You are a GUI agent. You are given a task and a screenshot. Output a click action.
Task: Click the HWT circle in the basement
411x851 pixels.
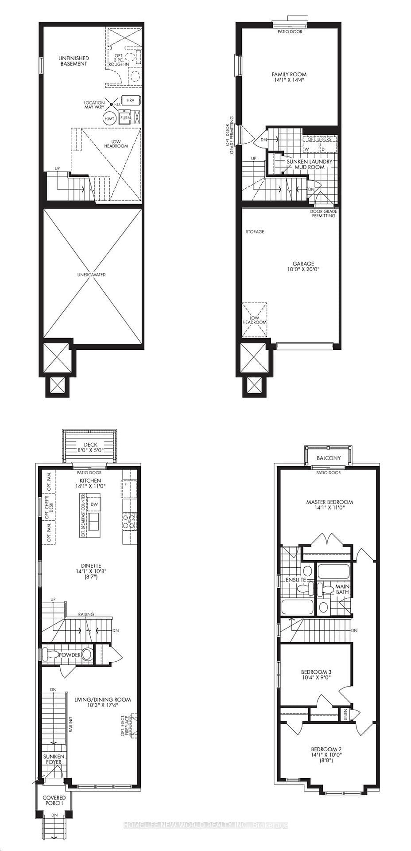(x=109, y=119)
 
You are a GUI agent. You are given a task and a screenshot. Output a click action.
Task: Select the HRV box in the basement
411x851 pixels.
(x=130, y=100)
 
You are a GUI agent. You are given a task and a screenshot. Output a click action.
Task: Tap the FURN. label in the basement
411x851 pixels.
(x=125, y=118)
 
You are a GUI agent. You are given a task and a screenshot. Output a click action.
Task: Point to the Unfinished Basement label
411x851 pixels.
(x=74, y=61)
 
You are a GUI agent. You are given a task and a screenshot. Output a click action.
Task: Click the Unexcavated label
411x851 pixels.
(x=92, y=275)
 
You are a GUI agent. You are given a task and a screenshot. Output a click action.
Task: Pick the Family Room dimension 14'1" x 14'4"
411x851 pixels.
(x=289, y=80)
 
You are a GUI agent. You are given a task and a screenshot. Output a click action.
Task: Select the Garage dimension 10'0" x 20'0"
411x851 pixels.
(x=303, y=269)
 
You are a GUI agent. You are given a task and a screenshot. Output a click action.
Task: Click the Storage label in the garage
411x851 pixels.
(x=255, y=232)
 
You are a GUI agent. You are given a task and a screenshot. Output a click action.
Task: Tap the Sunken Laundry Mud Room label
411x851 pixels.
(x=309, y=164)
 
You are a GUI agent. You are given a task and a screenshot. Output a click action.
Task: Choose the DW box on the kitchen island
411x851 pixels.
(x=94, y=504)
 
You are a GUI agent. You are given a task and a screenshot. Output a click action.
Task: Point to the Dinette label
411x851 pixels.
(x=91, y=566)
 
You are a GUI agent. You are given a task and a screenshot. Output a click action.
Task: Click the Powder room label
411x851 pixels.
(x=70, y=655)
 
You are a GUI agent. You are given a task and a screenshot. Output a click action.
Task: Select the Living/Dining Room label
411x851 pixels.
(x=103, y=700)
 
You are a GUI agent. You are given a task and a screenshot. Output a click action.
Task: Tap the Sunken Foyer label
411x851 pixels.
(x=54, y=759)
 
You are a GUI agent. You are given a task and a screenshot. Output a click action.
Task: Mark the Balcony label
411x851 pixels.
(x=329, y=458)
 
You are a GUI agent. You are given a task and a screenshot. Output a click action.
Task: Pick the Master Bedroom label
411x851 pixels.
(x=330, y=502)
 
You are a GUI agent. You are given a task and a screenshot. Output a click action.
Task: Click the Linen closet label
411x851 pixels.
(x=346, y=714)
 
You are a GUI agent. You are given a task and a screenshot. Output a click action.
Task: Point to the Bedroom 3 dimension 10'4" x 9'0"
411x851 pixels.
(x=316, y=678)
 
